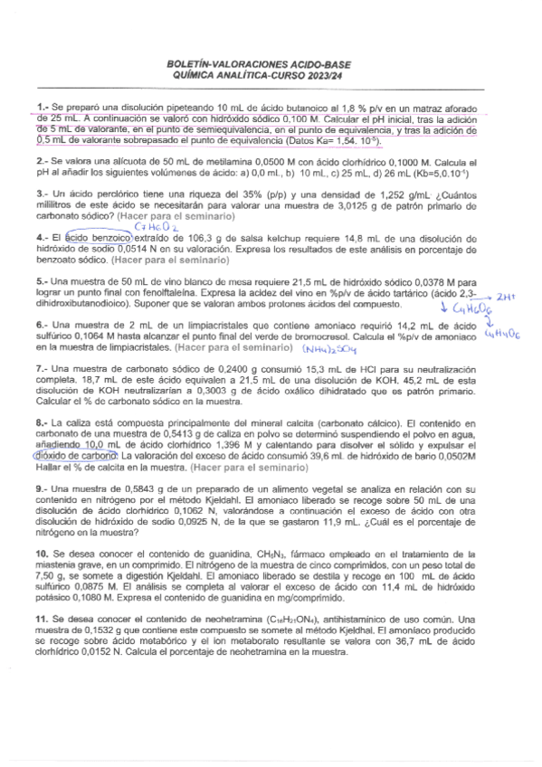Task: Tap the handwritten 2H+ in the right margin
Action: (x=506, y=296)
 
